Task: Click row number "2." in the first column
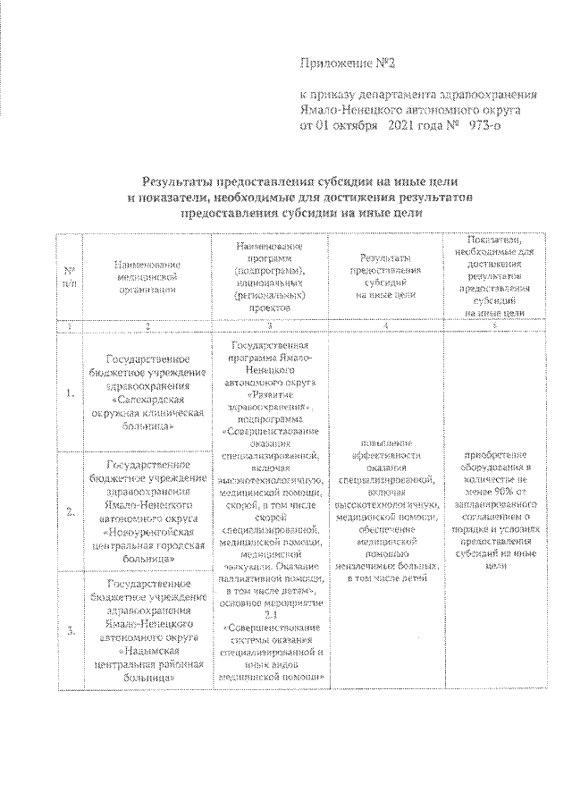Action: tap(69, 511)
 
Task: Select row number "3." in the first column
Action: tap(69, 631)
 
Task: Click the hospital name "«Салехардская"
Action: tap(147, 401)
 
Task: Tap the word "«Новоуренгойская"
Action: tap(147, 531)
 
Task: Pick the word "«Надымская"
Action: tap(147, 650)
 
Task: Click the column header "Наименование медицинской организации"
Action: tap(147, 276)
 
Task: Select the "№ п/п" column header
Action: tap(69, 276)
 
